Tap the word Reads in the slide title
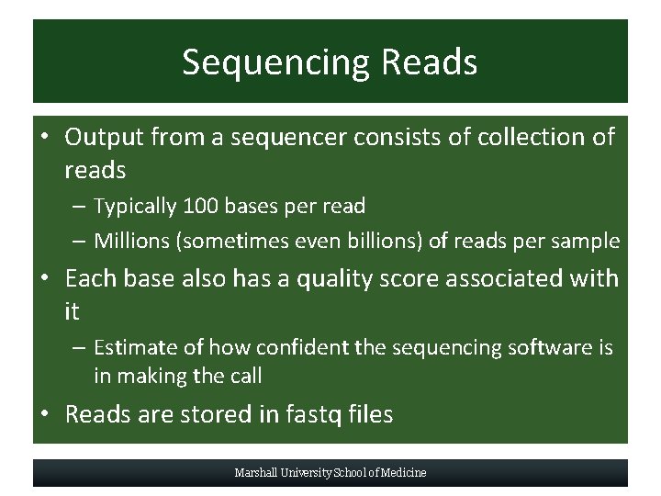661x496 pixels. coord(430,62)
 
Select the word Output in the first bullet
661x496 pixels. coord(104,137)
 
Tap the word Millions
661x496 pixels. coord(132,242)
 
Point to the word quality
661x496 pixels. coord(342,277)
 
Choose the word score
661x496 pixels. coord(425,277)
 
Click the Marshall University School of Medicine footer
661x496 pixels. coord(330,473)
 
